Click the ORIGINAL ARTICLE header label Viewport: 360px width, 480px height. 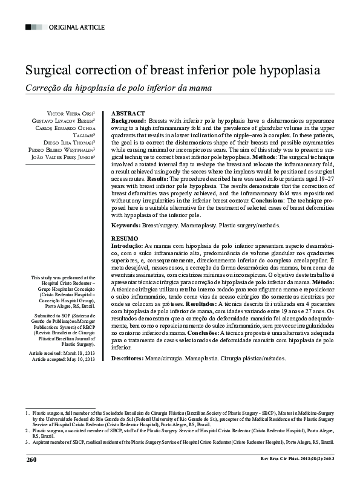point(76,27)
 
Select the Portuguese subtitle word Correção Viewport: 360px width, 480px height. point(42,88)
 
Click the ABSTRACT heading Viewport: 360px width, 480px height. point(128,114)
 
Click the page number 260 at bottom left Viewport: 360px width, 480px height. point(32,460)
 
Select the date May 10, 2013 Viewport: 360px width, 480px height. point(82,359)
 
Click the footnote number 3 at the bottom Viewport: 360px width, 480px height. point(27,442)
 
